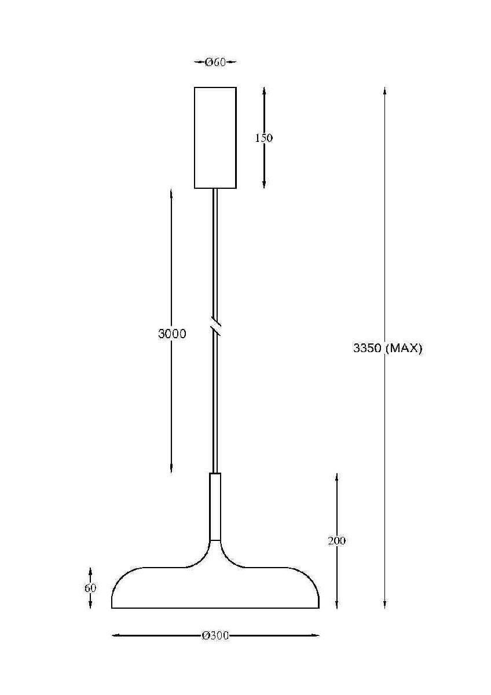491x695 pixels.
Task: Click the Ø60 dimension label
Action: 215,63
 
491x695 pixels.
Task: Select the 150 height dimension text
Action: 263,138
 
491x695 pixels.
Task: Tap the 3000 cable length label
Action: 172,334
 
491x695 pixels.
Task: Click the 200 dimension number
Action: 336,541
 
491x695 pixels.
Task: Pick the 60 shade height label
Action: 90,588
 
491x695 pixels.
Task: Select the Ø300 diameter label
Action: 215,636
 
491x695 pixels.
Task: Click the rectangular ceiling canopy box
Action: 215,137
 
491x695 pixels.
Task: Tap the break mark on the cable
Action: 215,325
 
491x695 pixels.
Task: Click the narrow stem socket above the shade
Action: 215,506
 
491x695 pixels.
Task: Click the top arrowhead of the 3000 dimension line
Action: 172,193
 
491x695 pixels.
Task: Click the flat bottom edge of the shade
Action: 215,608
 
